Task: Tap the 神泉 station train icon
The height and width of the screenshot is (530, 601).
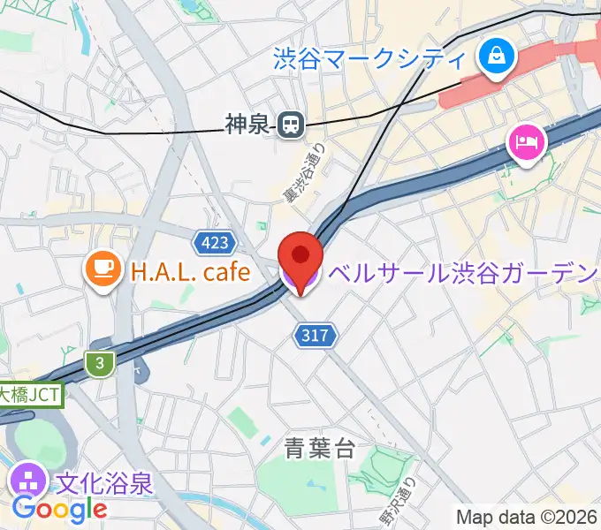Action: coord(289,126)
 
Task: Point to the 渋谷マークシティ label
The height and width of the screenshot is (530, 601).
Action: coord(369,59)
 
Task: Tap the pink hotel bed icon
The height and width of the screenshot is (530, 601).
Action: coord(525,141)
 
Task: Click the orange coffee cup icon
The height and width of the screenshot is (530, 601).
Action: coord(103,271)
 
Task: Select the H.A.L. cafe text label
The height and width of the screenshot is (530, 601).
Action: coord(191,272)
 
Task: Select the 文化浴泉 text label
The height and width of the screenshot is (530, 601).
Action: coord(105,483)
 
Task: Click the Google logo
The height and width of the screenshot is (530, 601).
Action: coord(59,509)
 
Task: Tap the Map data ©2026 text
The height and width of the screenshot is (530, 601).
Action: coord(527,517)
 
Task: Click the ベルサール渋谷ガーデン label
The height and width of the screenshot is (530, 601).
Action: coord(463,273)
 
